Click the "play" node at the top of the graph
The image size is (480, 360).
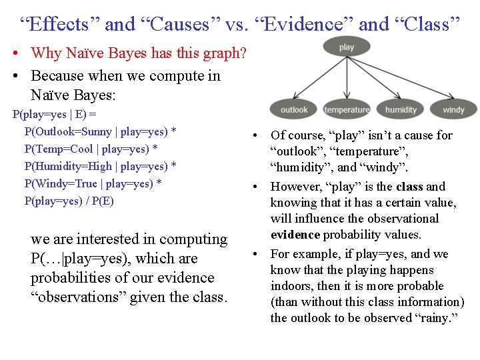pos(347,47)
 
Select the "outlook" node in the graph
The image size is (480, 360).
pos(294,109)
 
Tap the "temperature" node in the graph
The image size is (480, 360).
pos(347,109)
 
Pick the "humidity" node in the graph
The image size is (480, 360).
pos(401,109)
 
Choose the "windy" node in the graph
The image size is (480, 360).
pos(453,109)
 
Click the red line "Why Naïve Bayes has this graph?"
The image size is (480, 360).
pos(139,53)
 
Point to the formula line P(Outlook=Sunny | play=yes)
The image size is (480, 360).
pos(100,131)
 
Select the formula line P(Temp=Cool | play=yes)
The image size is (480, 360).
pos(91,149)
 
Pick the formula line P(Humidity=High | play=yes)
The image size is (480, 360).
pos(100,166)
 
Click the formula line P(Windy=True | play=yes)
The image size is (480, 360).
pos(93,183)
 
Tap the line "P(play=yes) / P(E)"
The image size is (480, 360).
pos(69,201)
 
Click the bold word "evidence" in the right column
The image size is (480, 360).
pos(295,235)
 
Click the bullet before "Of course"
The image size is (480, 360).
pos(256,136)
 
